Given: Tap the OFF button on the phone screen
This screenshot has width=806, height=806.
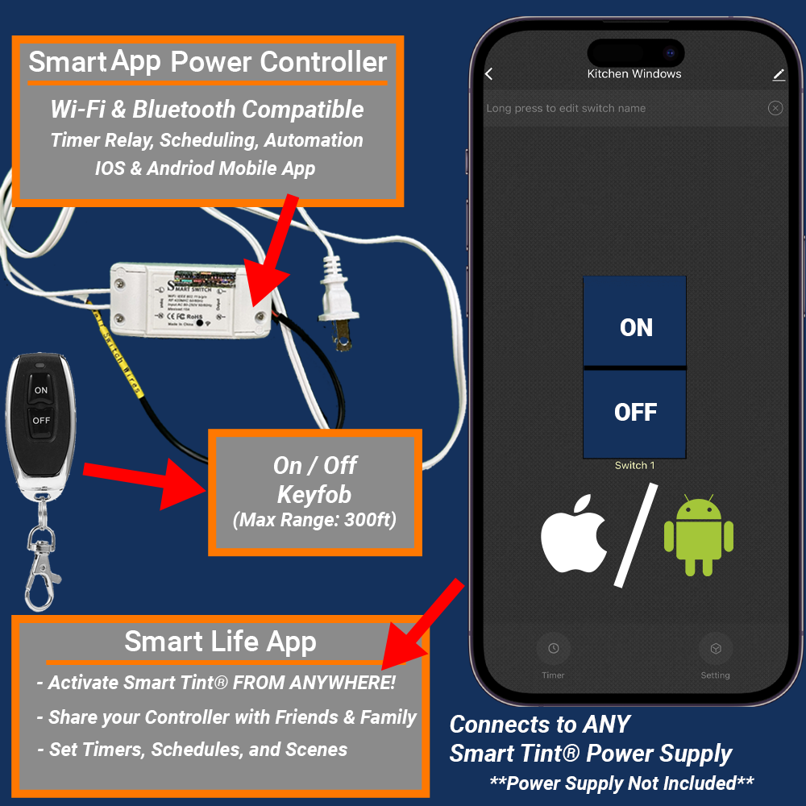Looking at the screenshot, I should coord(635,413).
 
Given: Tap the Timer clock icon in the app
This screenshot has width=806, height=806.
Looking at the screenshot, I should coord(553,649).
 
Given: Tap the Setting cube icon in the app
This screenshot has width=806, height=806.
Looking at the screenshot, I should coord(715,649).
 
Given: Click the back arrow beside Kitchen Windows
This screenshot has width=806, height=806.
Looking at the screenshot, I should coord(488,74).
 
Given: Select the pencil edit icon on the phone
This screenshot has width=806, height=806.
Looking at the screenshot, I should coord(778,74).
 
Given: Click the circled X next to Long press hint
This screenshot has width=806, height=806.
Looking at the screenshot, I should coord(775,108).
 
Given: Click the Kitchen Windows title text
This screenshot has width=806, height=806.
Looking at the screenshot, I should coord(634,74).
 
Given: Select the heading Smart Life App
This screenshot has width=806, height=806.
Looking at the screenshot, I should coord(220,642).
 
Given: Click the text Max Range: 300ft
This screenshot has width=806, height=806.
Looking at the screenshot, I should coord(314,520).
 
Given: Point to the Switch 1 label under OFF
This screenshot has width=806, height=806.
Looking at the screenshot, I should coord(634,465).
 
